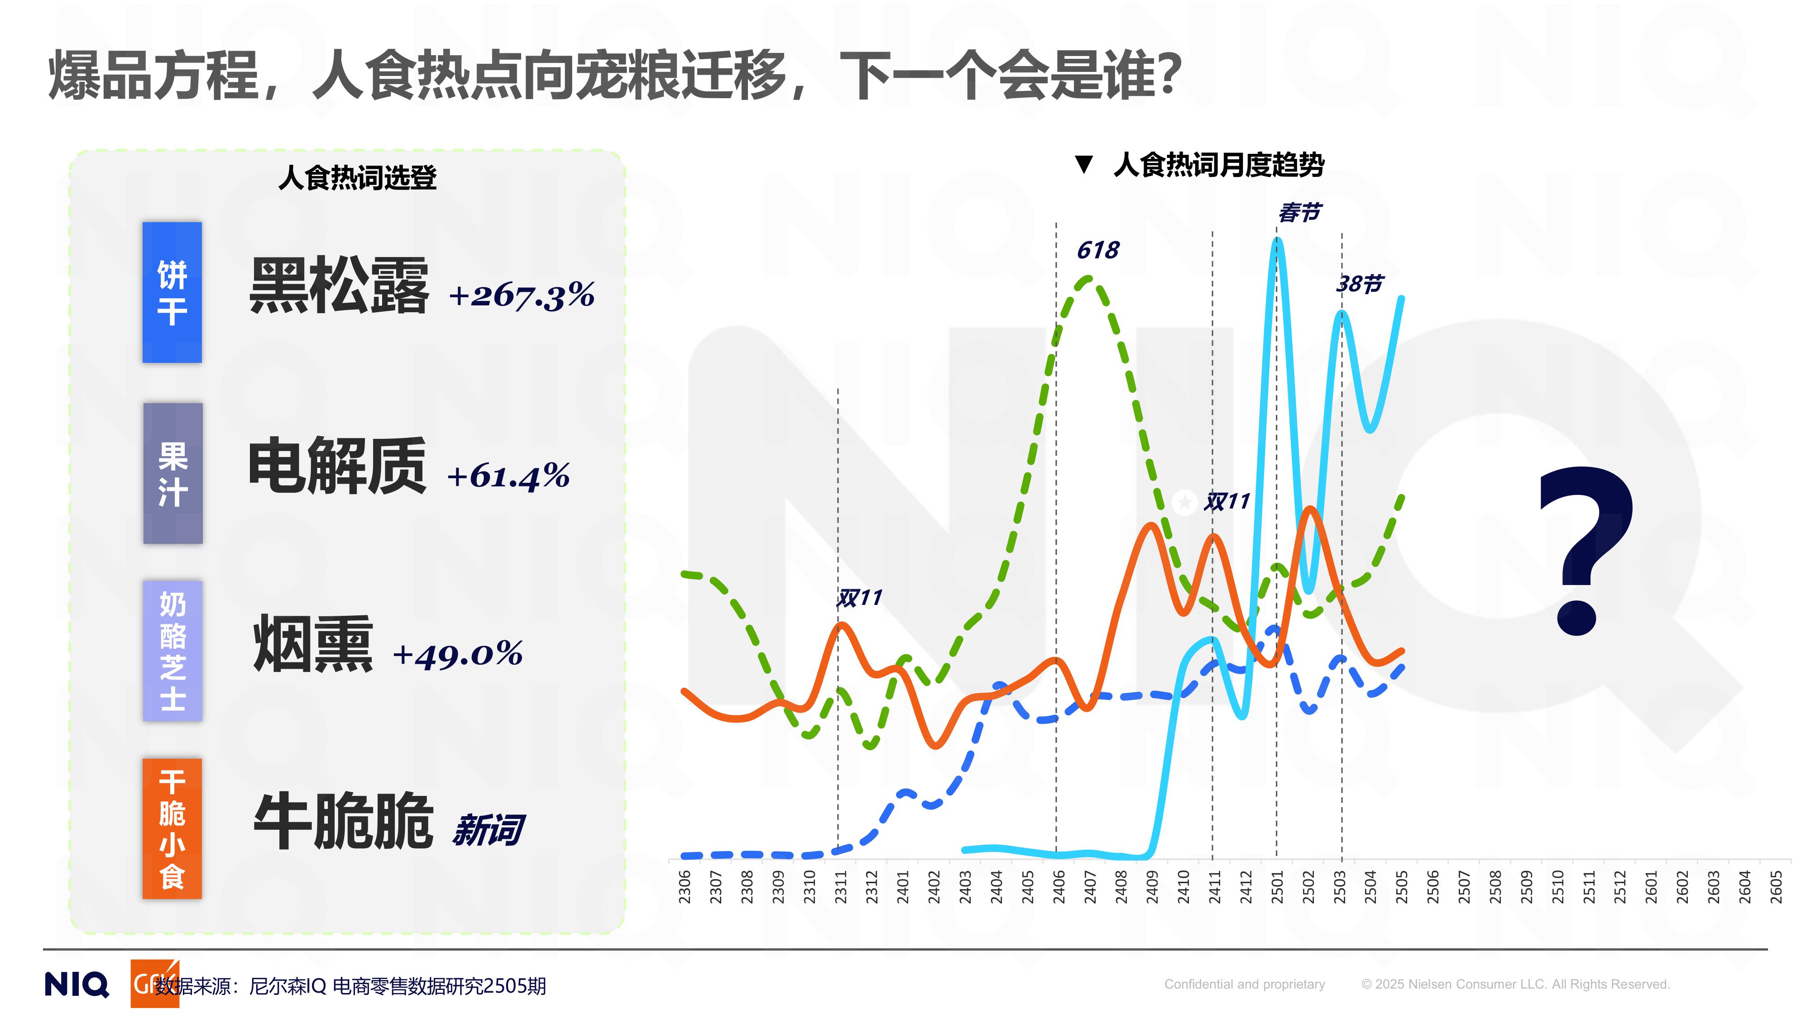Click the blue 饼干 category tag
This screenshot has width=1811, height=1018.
[x=172, y=292]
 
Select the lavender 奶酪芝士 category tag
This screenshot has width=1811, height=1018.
[x=173, y=651]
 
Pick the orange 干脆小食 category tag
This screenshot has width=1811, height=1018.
[x=172, y=828]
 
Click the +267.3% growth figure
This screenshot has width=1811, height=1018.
[x=522, y=295]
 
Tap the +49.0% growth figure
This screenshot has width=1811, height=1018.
[x=458, y=654]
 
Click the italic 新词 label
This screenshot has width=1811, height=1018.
[x=489, y=830]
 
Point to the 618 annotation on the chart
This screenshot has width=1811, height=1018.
[x=1097, y=250]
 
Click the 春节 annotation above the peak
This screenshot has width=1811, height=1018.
[x=1299, y=212]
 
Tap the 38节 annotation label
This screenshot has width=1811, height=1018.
[x=1359, y=284]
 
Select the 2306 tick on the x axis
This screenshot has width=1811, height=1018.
[x=685, y=887]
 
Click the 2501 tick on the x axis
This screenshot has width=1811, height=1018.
[x=1277, y=887]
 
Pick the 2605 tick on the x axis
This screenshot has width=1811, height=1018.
[x=1777, y=887]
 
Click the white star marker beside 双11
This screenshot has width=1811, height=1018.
[x=1184, y=502]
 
